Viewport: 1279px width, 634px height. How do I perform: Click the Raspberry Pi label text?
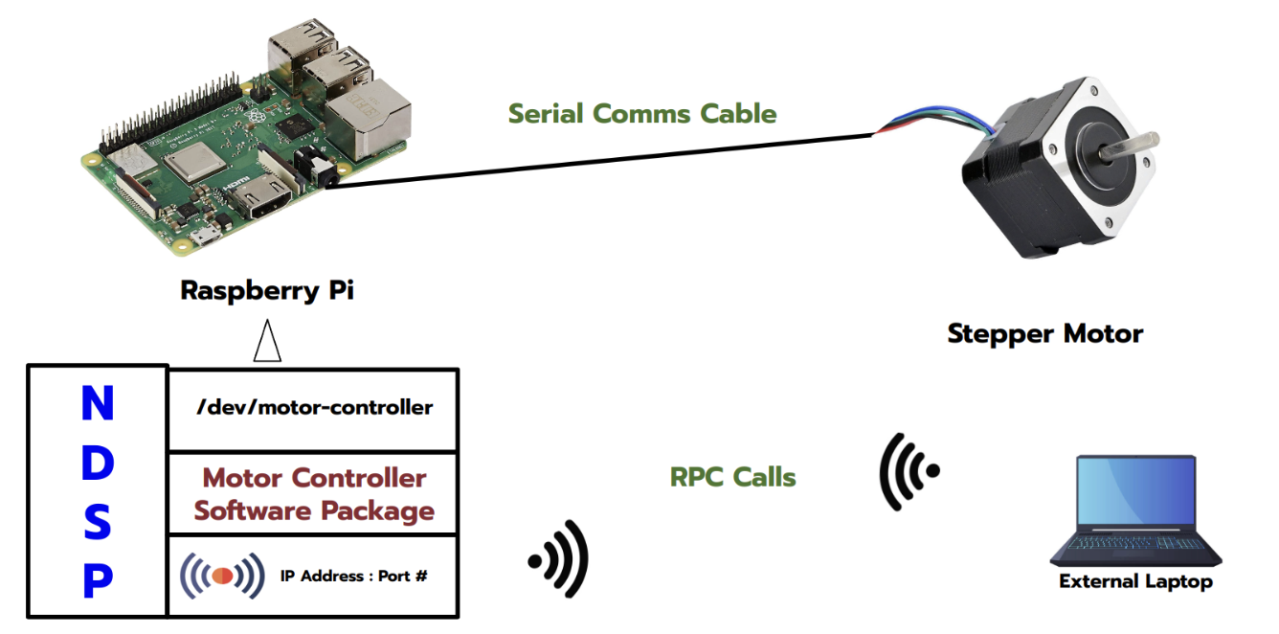267,291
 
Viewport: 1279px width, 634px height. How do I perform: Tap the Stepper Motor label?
1044,334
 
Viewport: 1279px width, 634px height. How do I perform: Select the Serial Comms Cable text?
641,114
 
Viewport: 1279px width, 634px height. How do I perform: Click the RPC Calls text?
732,476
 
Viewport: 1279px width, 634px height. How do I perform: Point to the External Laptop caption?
1135,581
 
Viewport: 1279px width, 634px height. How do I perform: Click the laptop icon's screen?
1135,497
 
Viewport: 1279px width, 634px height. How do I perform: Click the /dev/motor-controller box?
313,408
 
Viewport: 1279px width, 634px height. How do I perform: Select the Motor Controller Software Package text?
313,494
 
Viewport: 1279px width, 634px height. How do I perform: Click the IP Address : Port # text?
353,577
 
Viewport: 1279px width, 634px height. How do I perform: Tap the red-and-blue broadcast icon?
222,576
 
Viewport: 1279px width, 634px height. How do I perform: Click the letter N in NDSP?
97,405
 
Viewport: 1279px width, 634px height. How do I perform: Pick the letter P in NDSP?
97,581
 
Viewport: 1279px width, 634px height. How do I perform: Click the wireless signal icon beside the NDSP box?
559,558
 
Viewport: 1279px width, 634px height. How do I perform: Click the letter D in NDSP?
97,464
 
